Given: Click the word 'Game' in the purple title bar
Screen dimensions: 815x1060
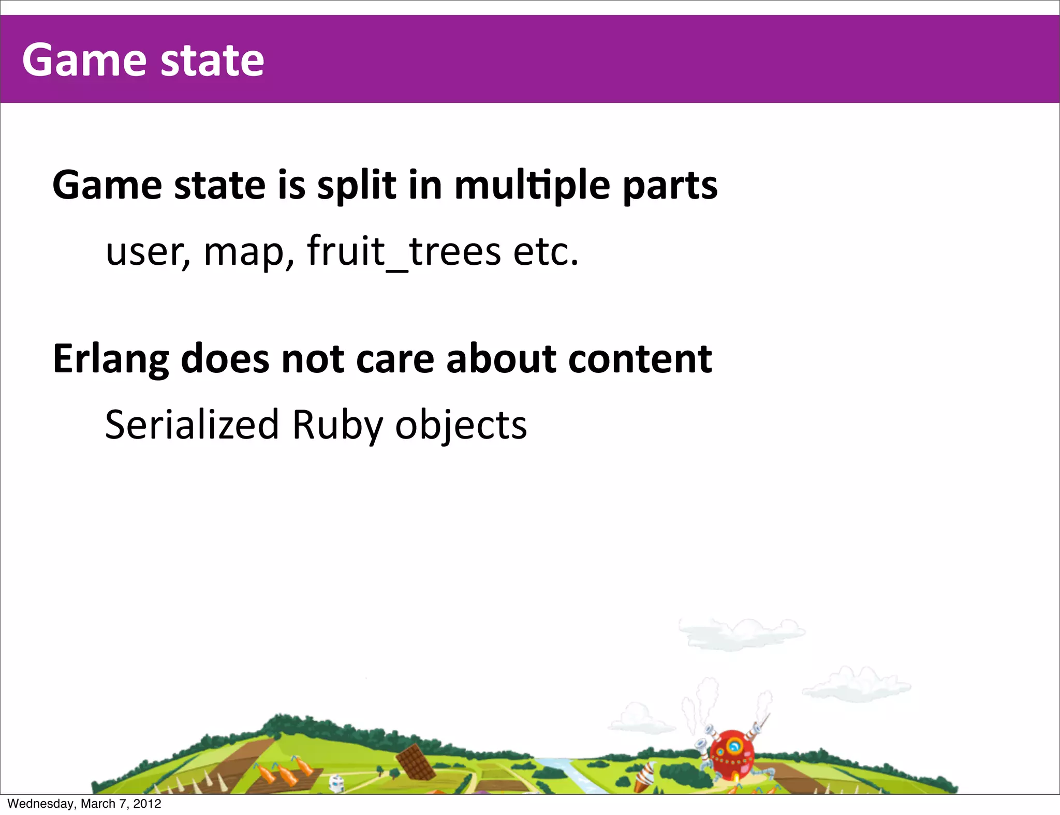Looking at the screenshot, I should tap(84, 61).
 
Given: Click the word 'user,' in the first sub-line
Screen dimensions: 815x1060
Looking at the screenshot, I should tap(148, 252).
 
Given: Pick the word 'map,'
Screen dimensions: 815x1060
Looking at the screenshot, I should tap(249, 252).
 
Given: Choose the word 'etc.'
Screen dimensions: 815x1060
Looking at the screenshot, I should tap(546, 251).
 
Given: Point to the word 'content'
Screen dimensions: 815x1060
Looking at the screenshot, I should tap(640, 359).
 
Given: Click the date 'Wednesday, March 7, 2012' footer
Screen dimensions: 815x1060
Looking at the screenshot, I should tap(84, 804).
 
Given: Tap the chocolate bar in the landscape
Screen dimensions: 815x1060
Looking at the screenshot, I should tap(416, 762).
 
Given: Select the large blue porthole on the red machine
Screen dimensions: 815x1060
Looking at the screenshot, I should tap(733, 746).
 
